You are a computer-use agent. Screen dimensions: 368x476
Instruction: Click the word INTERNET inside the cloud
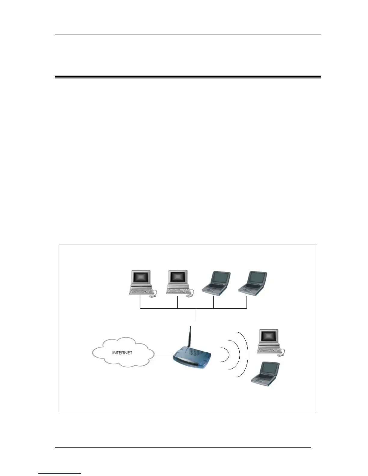pos(122,352)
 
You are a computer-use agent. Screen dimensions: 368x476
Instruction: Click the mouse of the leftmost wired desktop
pos(153,296)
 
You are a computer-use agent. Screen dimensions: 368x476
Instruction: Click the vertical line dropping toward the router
pos(196,314)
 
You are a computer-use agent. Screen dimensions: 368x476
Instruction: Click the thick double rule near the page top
pos(188,77)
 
